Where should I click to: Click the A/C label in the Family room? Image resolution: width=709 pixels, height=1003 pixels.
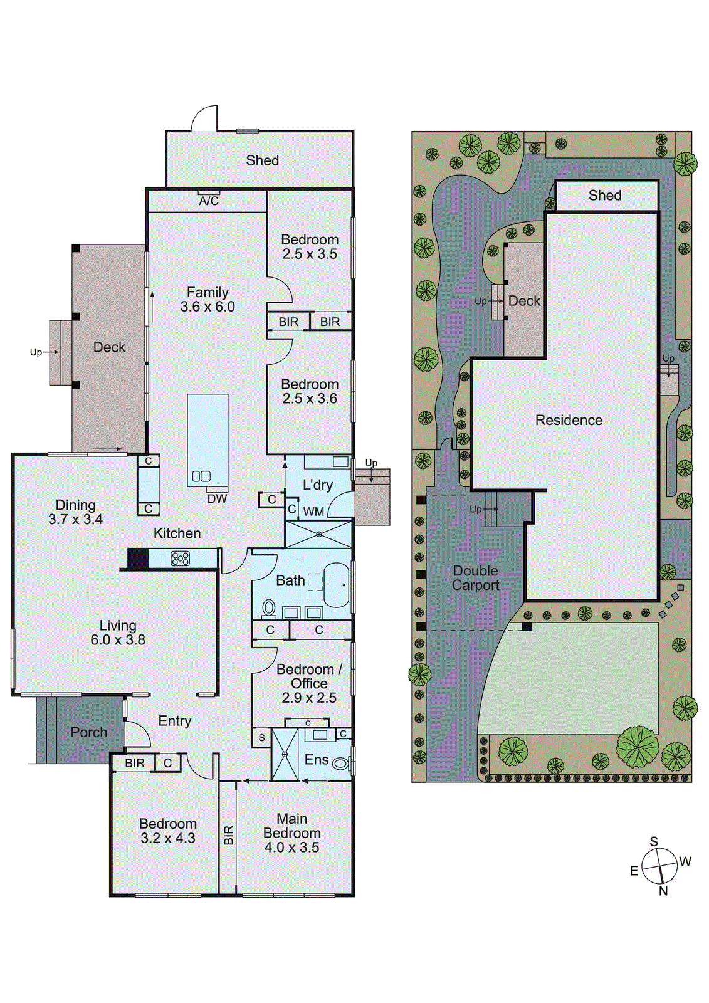(209, 201)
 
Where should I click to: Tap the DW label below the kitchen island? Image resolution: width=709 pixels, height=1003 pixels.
(217, 499)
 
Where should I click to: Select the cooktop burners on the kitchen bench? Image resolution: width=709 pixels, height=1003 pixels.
(180, 558)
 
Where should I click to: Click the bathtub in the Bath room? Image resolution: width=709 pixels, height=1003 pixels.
(336, 585)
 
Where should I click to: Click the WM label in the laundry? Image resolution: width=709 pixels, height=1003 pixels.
(313, 512)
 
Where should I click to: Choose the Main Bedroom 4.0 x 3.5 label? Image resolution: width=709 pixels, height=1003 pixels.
(291, 833)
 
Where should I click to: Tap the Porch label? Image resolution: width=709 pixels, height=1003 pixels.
(88, 732)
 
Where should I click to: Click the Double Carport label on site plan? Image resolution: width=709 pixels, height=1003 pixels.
(476, 578)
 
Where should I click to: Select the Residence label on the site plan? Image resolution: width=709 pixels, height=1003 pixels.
(569, 421)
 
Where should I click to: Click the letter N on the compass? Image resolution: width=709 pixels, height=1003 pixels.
(663, 891)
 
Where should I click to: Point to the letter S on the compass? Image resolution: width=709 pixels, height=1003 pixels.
(654, 842)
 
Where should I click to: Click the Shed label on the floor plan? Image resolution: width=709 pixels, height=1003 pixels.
(262, 160)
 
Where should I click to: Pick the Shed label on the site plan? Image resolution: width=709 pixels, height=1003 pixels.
(605, 196)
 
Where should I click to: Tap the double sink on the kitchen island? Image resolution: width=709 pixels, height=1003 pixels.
(201, 476)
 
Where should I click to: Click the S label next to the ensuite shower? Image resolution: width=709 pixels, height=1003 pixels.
(261, 738)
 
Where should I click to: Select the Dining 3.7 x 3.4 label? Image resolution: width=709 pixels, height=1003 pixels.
(75, 512)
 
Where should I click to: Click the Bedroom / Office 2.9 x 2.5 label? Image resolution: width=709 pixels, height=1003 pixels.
(309, 683)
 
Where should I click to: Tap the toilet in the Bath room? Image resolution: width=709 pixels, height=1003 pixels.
(269, 607)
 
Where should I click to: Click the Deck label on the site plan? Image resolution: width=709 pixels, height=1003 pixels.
(524, 301)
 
